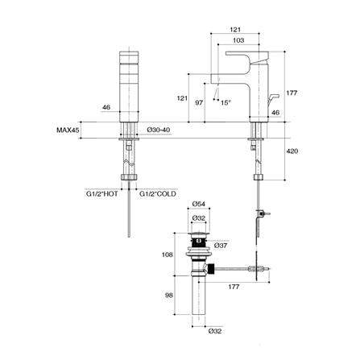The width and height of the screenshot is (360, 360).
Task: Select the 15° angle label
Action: pos(226,101)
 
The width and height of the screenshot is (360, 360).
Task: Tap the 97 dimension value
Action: pos(200,104)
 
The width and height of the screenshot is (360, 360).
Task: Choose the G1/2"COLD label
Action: pos(158,194)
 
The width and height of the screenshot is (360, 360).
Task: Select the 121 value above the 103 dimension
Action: pos(235,27)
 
